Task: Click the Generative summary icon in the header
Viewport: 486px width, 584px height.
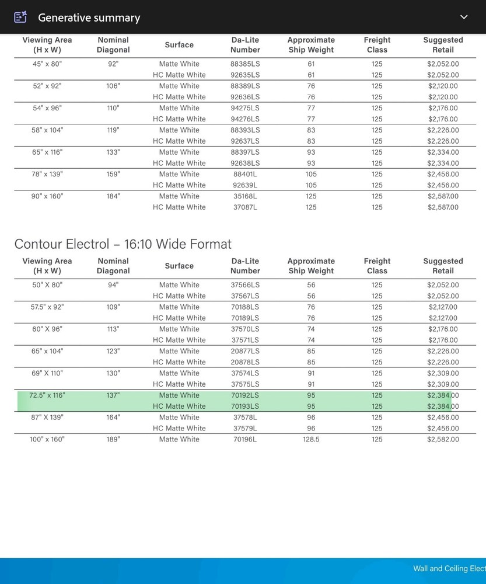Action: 20,17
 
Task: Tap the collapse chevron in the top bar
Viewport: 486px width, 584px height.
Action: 464,17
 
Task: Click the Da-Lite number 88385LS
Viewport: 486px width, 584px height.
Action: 245,64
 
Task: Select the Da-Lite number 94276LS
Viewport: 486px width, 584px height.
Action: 245,119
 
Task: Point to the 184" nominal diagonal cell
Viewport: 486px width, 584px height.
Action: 113,196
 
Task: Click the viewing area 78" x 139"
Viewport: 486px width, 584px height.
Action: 47,174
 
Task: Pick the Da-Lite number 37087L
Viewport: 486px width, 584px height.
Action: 245,207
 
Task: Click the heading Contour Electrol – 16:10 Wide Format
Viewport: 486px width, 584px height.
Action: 123,244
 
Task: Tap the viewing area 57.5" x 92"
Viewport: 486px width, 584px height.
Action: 47,307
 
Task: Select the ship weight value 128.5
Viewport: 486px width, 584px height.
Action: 311,439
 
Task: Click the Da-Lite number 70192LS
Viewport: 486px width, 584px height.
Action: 245,395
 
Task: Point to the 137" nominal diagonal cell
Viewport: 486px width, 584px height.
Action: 113,395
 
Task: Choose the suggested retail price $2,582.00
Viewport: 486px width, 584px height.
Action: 443,439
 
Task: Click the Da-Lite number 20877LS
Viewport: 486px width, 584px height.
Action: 245,351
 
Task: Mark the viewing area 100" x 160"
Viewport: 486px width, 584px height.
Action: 47,439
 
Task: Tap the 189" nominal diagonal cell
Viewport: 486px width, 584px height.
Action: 113,439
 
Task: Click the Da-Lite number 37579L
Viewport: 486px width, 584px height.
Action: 245,429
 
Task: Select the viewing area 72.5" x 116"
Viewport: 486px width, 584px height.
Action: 47,395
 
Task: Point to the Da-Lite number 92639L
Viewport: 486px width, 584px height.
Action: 245,185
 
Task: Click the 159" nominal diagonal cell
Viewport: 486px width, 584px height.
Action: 113,174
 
